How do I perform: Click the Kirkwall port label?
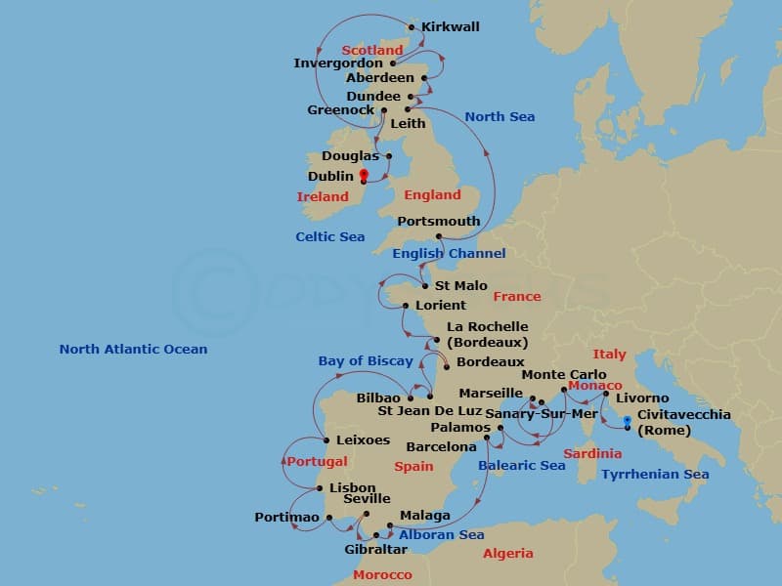click(451, 26)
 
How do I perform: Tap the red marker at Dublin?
click(364, 176)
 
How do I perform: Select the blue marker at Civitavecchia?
click(627, 421)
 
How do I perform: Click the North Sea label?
click(500, 116)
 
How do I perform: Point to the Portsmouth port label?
click(439, 221)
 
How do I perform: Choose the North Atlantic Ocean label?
click(133, 349)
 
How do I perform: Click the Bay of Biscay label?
click(366, 360)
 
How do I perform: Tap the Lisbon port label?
click(352, 487)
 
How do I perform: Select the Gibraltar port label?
click(375, 549)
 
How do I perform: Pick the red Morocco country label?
click(382, 574)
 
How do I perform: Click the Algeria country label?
click(508, 553)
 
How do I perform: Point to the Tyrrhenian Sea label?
click(655, 474)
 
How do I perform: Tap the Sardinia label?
click(592, 453)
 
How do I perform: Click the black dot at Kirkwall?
click(412, 27)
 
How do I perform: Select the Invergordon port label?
click(338, 63)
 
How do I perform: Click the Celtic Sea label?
click(330, 236)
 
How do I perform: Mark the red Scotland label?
click(372, 50)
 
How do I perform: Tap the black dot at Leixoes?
click(326, 440)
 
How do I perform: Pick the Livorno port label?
click(642, 398)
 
